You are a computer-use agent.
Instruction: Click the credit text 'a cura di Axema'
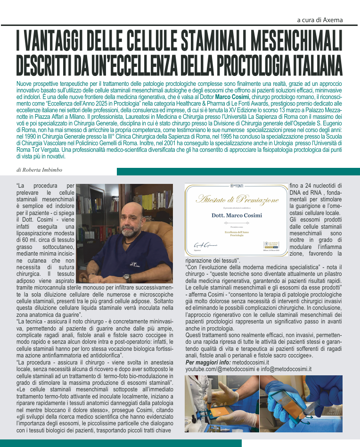point(320,20)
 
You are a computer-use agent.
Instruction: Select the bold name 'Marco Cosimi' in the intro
point(230,97)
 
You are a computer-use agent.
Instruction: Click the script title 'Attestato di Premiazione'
point(237,200)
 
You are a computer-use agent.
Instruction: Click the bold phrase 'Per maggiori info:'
point(207,362)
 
